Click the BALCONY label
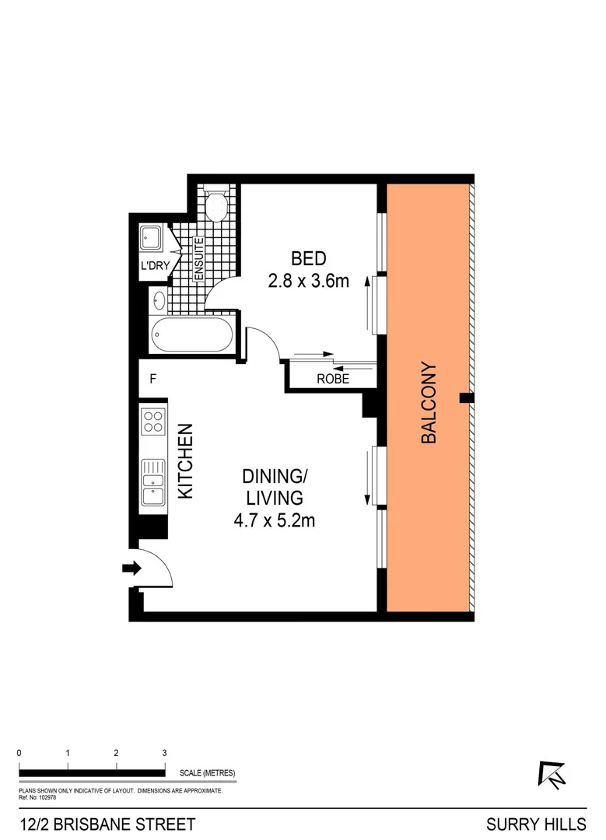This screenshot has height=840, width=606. tap(429, 403)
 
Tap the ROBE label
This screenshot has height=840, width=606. tap(332, 380)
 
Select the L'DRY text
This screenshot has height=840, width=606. tap(154, 267)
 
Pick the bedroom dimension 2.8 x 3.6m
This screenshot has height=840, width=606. tap(307, 282)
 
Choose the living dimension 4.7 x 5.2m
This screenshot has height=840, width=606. tap(274, 520)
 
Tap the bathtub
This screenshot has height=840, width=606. tap(191, 335)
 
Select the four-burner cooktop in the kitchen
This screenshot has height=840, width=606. tap(153, 422)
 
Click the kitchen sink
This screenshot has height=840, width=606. tap(152, 482)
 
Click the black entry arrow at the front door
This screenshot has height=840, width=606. tap(131, 569)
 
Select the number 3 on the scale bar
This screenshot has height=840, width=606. tap(164, 753)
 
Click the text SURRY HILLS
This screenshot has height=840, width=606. tap(537, 824)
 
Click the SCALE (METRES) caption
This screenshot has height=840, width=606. tap(207, 773)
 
